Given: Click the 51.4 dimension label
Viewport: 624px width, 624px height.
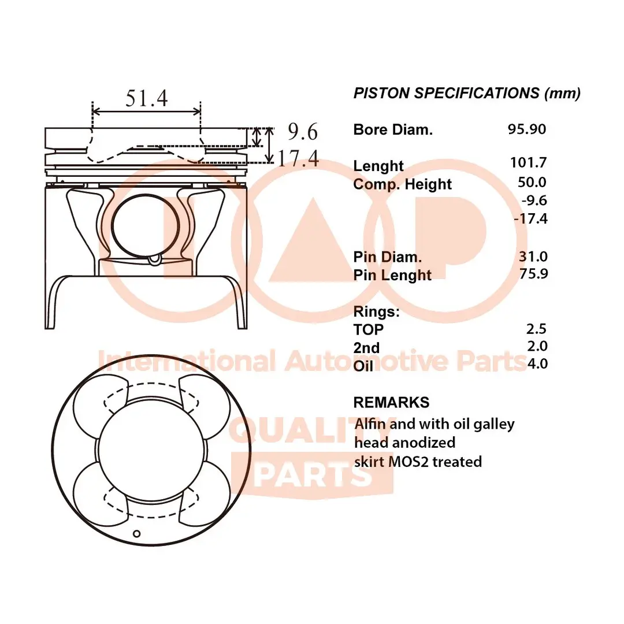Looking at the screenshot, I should (147, 99).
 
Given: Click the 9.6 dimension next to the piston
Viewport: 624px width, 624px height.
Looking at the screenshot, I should (303, 132).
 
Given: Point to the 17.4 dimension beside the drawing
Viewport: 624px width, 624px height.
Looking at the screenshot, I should (298, 158).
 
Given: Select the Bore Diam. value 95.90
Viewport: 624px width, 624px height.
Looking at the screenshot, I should (526, 129).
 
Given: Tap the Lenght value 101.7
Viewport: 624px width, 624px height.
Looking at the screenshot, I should (528, 162).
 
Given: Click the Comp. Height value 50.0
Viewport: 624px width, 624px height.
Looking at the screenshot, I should (532, 182).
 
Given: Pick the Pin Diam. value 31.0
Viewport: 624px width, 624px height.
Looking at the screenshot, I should (533, 256).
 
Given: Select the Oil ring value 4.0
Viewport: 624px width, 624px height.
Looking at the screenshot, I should (537, 363).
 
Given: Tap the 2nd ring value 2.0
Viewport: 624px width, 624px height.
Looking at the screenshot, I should (537, 346).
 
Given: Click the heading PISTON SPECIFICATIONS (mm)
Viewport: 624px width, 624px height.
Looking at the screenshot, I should (467, 93).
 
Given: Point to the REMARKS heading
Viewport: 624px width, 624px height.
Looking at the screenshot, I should (391, 402).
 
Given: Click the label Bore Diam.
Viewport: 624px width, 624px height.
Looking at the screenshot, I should (393, 129).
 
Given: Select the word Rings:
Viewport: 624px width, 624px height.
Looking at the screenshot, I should (376, 312).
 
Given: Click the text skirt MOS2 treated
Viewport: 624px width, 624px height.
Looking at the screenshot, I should (418, 461).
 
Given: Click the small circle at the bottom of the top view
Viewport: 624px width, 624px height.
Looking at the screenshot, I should (137, 533).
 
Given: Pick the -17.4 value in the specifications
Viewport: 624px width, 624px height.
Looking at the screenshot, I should (530, 218).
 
